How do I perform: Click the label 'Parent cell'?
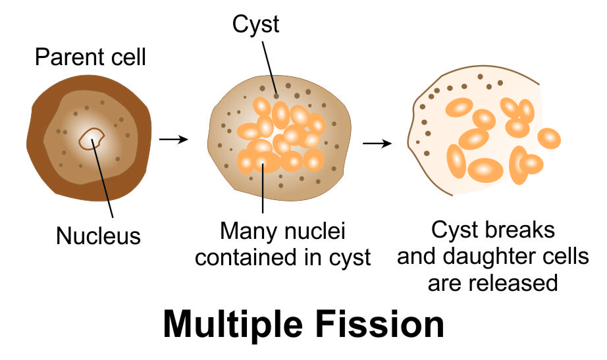90,58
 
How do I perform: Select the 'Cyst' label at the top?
255,25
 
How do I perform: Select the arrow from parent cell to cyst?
174,140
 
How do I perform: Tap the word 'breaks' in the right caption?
522,231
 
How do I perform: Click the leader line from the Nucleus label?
105,184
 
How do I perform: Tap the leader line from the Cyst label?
269,66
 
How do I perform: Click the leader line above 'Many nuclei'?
263,191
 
